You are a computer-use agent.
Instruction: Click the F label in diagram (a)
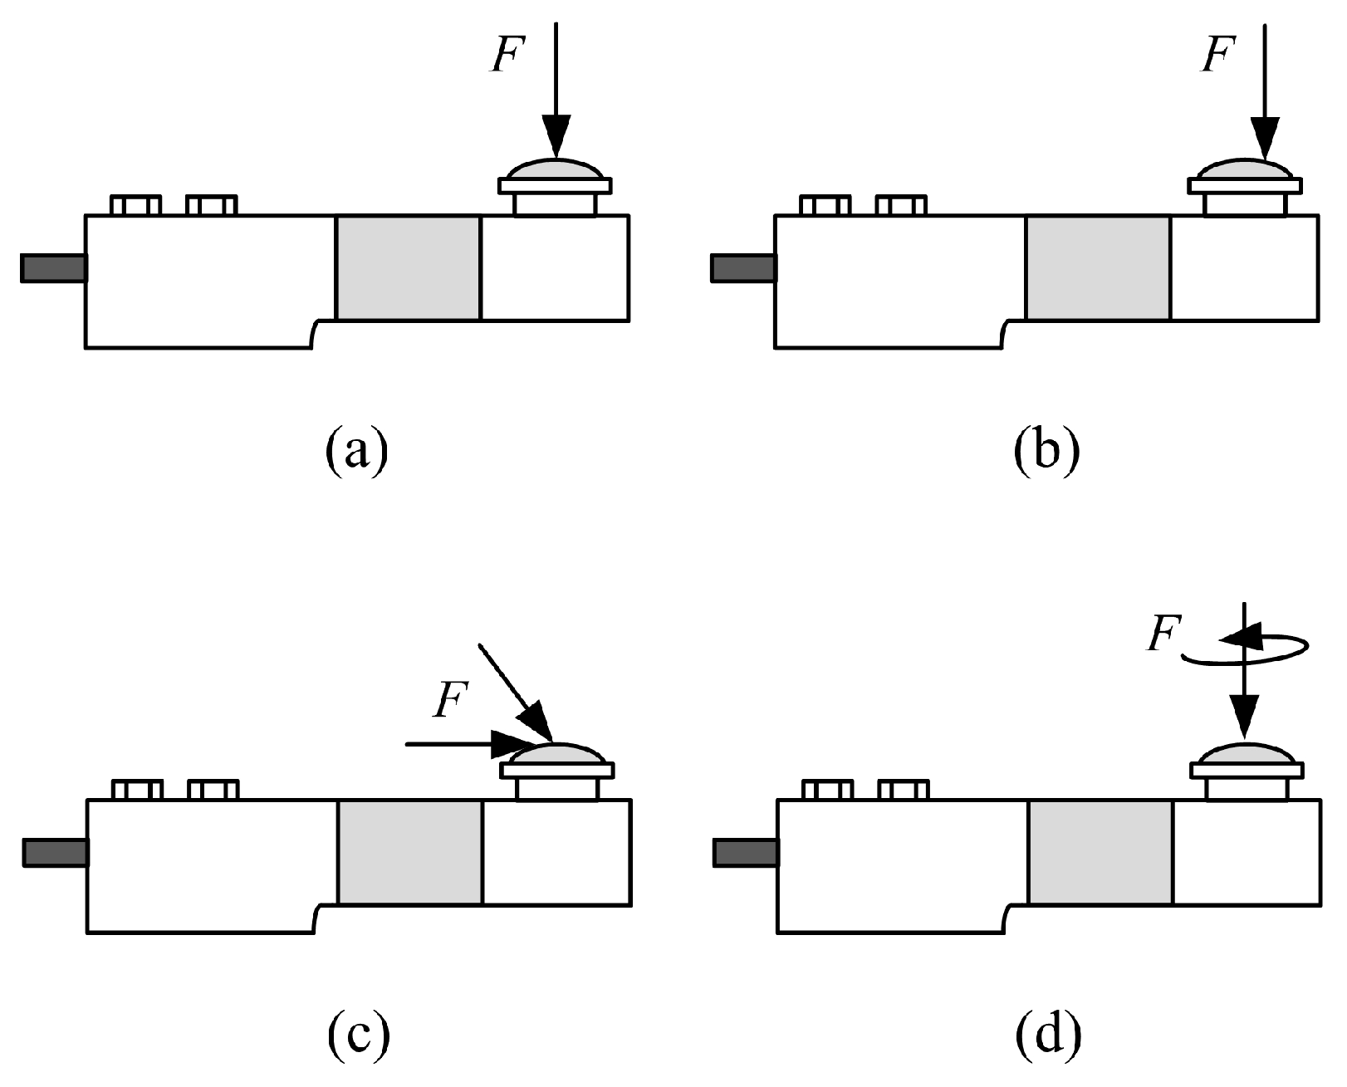coord(506,56)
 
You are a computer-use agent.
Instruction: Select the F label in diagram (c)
coord(450,700)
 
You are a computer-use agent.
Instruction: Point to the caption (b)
coord(1047,449)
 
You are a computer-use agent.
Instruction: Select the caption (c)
coord(357,1034)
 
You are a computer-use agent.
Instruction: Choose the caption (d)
coord(1047,1034)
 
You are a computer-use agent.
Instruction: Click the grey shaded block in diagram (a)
coord(408,267)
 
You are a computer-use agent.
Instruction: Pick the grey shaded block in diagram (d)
coord(1100,852)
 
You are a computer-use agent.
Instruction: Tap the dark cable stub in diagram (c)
coord(55,853)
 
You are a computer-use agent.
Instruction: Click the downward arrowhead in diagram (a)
coord(556,136)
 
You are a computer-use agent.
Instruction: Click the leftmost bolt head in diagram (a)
coord(135,205)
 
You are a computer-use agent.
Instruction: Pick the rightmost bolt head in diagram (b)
coord(901,205)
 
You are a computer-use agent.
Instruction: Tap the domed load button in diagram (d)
coord(1246,755)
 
